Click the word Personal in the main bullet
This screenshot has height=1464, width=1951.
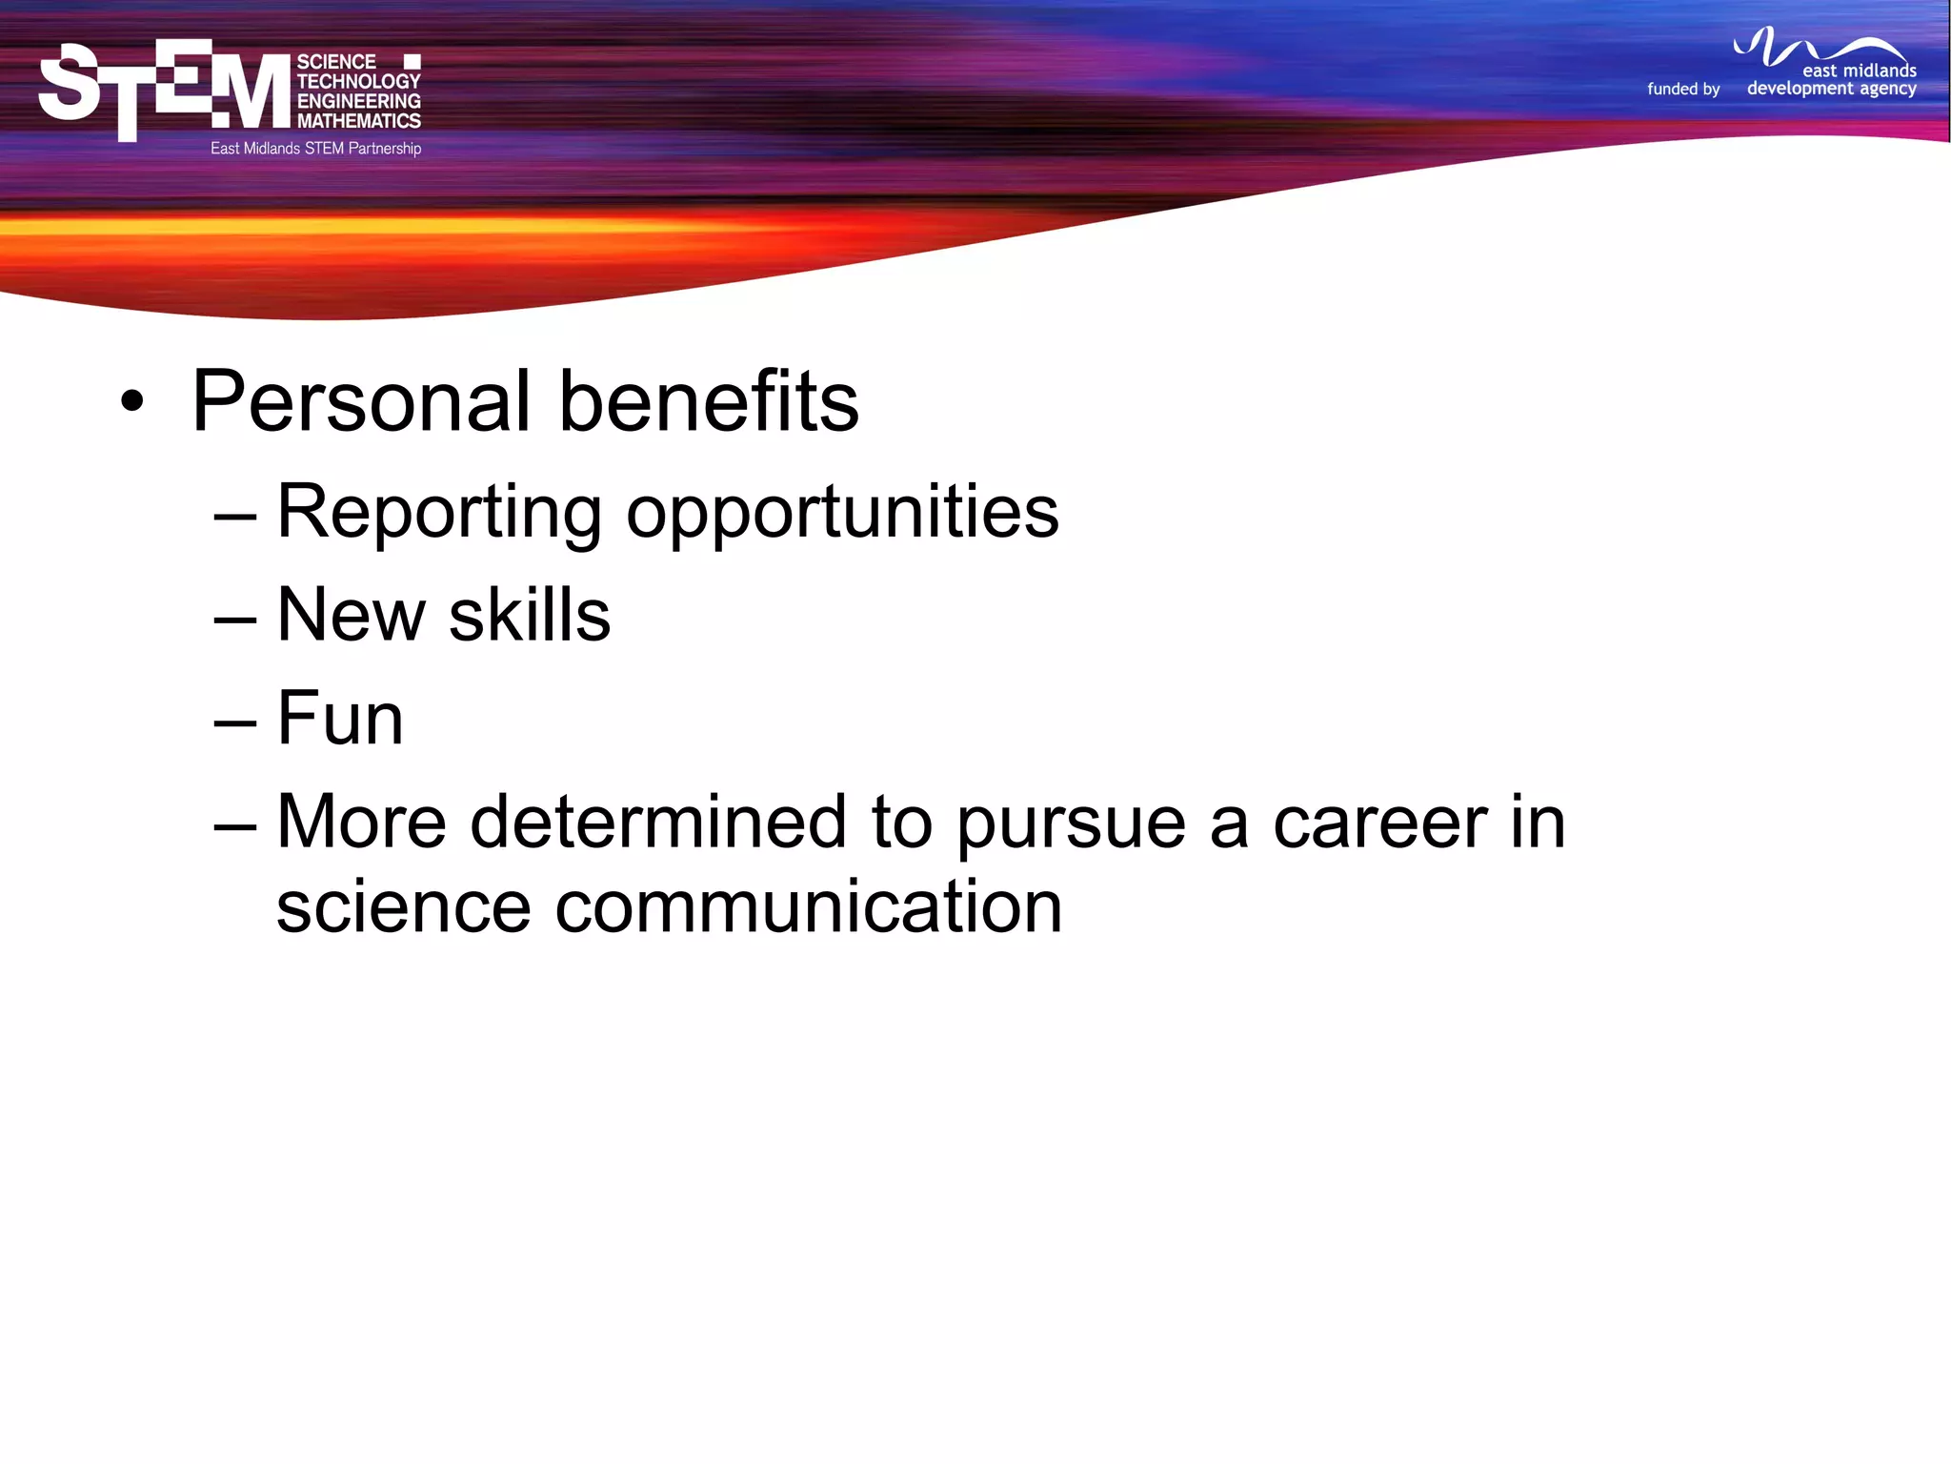[x=360, y=402]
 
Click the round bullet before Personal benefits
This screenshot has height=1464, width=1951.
[x=132, y=402]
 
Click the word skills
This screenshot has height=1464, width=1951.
[x=529, y=616]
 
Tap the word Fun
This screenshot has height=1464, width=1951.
[x=340, y=719]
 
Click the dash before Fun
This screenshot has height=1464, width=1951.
[x=235, y=722]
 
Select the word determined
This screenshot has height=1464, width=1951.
[x=657, y=822]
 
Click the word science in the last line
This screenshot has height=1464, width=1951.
[x=403, y=907]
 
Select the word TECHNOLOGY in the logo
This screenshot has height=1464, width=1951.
[x=358, y=81]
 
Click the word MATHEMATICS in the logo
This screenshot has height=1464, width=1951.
[x=358, y=121]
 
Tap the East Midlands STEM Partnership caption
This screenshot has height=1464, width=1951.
[x=315, y=149]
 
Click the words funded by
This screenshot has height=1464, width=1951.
[x=1683, y=89]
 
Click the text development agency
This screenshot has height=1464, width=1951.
[x=1831, y=89]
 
